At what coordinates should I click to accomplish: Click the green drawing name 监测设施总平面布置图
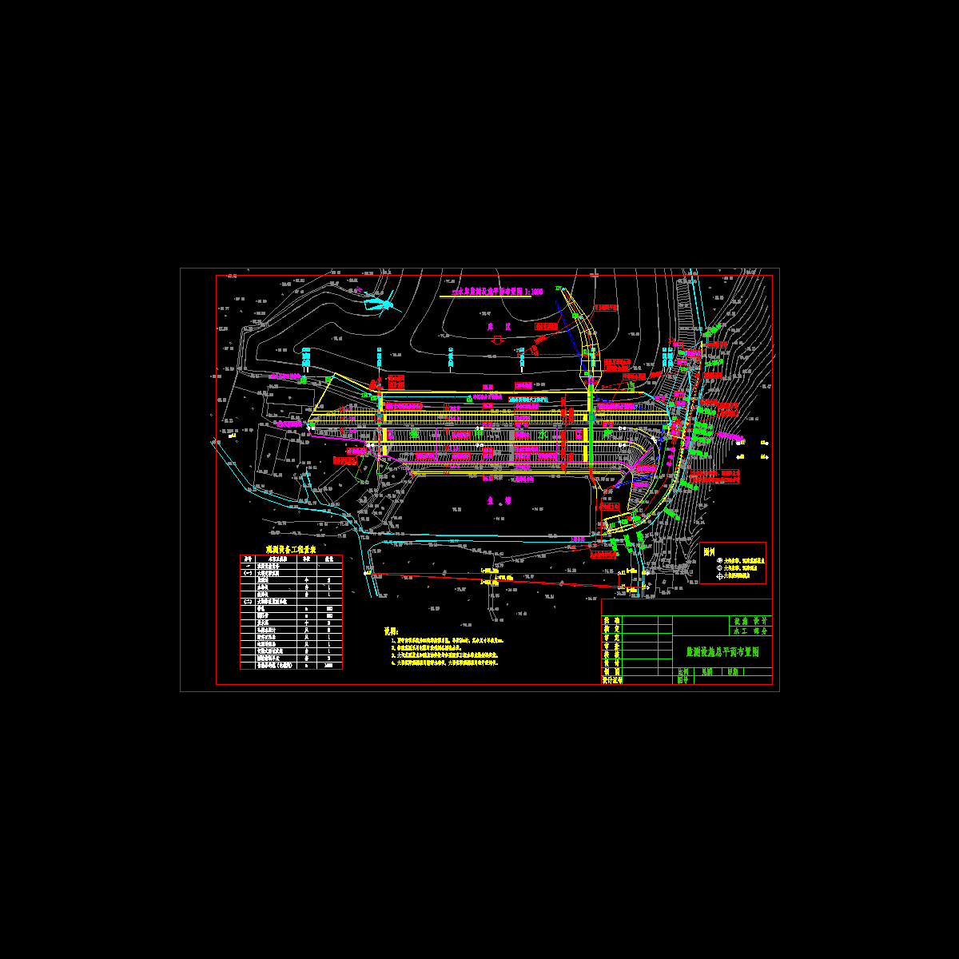click(722, 652)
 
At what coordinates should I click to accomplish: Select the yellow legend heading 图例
click(708, 551)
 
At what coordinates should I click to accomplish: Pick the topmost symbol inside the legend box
click(719, 561)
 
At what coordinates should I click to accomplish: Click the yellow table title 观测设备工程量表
click(291, 550)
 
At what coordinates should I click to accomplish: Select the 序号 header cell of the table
click(247, 559)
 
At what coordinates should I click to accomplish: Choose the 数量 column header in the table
click(329, 559)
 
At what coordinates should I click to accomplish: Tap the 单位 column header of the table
click(307, 559)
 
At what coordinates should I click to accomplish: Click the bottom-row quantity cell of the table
click(329, 665)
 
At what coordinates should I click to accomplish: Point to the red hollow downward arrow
click(496, 340)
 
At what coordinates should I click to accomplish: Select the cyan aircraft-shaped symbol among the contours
click(378, 304)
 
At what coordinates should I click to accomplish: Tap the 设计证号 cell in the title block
click(612, 680)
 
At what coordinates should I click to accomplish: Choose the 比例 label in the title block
click(682, 672)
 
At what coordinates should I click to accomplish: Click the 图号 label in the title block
click(682, 681)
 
